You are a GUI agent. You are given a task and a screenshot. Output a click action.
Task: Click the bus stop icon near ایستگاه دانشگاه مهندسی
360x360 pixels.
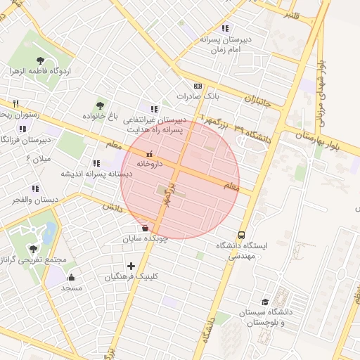click(x=242, y=235)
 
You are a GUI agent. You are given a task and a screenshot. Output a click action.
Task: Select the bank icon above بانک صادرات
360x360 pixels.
click(x=198, y=84)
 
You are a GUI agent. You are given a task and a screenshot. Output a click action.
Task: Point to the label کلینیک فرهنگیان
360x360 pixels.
click(x=131, y=277)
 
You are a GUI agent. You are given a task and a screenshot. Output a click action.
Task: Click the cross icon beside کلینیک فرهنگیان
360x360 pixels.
click(x=131, y=266)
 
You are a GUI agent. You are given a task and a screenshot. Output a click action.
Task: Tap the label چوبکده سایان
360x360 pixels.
click(x=145, y=239)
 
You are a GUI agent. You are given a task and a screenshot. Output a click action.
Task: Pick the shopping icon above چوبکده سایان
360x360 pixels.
click(x=145, y=228)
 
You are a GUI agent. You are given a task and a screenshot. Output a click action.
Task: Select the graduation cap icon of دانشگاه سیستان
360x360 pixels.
click(x=265, y=302)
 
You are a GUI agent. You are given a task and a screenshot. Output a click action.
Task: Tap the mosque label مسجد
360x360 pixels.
click(x=72, y=288)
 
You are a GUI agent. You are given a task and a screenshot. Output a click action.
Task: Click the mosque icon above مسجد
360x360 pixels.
click(x=72, y=278)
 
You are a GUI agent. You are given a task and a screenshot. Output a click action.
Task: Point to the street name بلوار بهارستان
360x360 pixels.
click(x=326, y=137)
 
